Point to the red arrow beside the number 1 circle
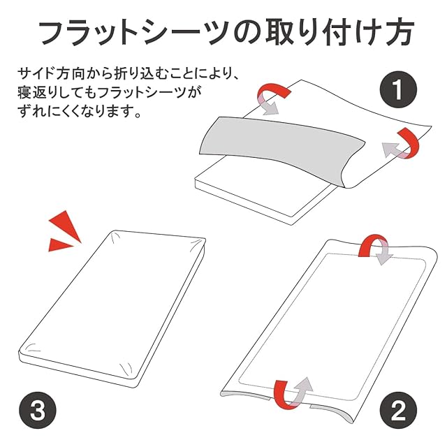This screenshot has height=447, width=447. [x=404, y=142]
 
